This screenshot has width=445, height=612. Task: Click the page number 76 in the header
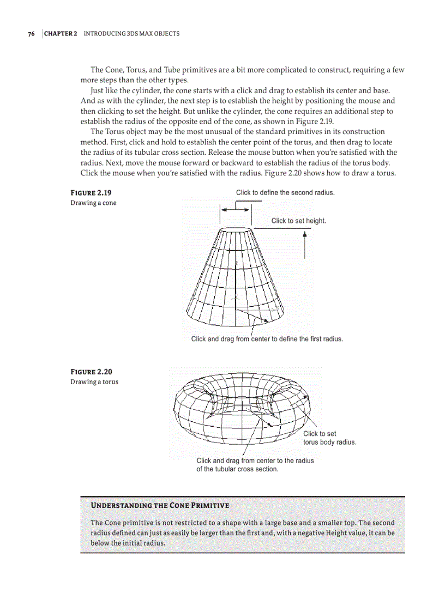pos(31,34)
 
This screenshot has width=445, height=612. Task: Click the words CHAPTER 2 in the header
pos(61,34)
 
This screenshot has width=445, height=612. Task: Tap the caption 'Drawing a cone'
pos(93,203)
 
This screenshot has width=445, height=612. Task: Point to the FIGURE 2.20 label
pos(91,372)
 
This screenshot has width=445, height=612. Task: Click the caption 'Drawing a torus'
pos(94,381)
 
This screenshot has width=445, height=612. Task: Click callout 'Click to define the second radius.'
pos(285,192)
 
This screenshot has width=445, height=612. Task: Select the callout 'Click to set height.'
pos(299,221)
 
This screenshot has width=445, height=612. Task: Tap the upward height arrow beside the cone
pos(305,245)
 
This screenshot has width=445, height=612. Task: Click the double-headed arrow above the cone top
pos(236,209)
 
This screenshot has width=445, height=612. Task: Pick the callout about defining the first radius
pos(267,339)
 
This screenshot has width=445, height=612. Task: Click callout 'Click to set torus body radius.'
pos(329,438)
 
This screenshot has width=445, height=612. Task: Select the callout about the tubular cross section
pos(255,465)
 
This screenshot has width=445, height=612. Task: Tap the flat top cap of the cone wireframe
pos(236,231)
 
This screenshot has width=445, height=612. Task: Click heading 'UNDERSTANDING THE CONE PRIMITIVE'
pos(160,505)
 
